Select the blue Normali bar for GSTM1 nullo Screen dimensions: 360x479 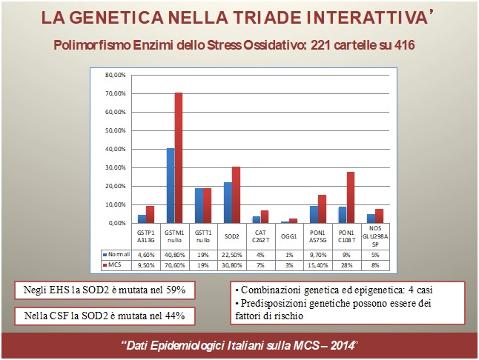170,186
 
